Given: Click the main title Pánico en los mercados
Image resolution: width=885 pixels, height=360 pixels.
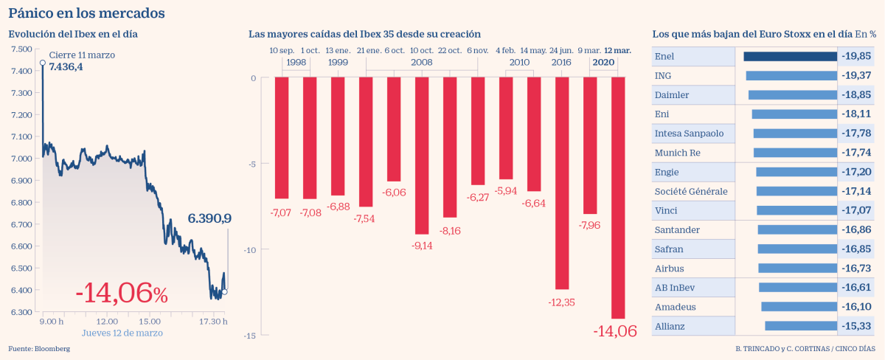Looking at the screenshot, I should pyautogui.click(x=86, y=13).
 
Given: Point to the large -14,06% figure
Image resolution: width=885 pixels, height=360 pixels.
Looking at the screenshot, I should pyautogui.click(x=122, y=293).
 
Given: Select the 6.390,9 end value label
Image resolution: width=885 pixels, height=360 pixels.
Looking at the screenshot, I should pyautogui.click(x=209, y=218).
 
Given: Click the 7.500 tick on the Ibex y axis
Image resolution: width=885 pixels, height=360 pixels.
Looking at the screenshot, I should pyautogui.click(x=21, y=49).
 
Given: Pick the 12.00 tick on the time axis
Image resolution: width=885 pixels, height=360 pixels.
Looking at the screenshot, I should pyautogui.click(x=108, y=322).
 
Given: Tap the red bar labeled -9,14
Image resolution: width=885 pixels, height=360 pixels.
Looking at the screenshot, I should pyautogui.click(x=422, y=156).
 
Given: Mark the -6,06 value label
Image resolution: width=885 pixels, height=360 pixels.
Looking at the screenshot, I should pyautogui.click(x=393, y=192).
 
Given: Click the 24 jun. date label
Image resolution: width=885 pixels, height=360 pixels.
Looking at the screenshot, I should pyautogui.click(x=561, y=50).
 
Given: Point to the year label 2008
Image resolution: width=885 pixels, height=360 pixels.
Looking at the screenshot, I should pyautogui.click(x=421, y=63).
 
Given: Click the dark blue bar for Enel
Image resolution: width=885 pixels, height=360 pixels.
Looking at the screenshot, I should pyautogui.click(x=790, y=56).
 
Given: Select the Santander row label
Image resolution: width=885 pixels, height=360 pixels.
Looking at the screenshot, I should pyautogui.click(x=677, y=229).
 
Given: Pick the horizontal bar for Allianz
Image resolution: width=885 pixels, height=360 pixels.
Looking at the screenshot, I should pyautogui.click(x=800, y=325).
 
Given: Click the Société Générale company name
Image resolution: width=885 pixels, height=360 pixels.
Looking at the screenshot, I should pyautogui.click(x=691, y=191).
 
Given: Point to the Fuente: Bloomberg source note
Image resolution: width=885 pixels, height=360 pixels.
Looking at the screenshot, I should pyautogui.click(x=39, y=348).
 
